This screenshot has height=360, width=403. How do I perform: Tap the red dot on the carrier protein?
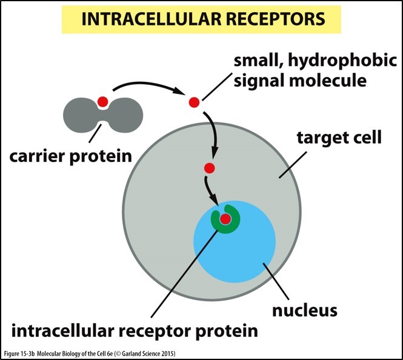[102, 101]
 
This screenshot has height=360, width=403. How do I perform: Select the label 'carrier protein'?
[70, 156]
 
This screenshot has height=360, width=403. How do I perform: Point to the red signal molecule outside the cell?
[194, 102]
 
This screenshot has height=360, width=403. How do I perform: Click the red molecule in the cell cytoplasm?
[210, 168]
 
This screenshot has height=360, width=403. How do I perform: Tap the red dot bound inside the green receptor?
[225, 219]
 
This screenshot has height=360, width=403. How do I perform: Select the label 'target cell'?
[339, 137]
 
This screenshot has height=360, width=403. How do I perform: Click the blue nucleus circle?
[255, 255]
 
